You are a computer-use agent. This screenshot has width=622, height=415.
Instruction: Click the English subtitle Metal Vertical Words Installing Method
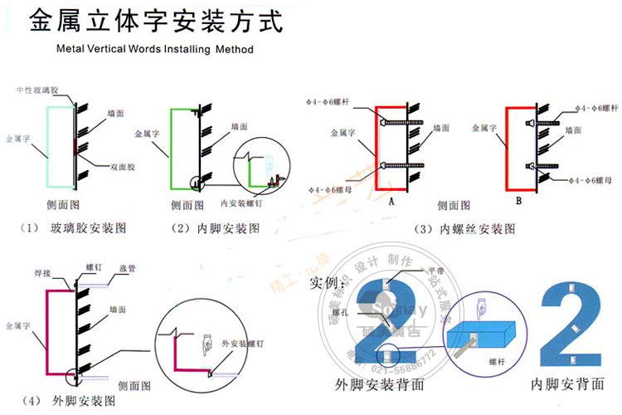coord(155,49)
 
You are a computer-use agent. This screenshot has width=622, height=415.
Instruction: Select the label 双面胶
coord(122,167)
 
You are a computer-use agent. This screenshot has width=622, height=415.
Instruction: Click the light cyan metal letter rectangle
coord(61,145)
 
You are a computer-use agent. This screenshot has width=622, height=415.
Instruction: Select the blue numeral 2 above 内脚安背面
coord(571,325)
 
